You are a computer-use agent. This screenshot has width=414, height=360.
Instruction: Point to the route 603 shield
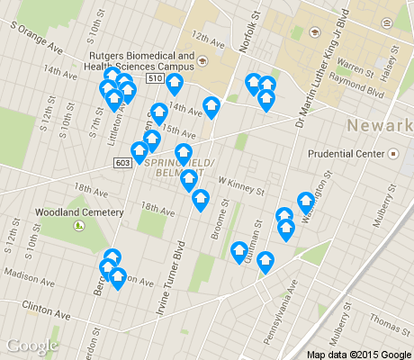123,162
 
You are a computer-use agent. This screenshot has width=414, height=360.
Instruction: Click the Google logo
31,346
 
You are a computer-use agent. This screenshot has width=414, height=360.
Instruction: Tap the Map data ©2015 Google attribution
359,353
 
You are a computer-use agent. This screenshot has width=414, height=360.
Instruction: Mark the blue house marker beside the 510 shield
175,84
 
